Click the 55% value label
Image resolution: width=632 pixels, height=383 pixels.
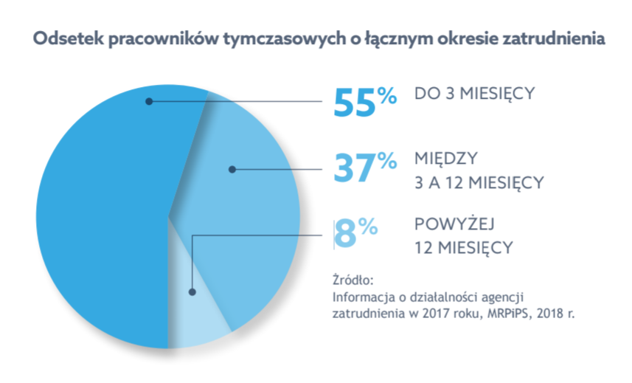pyautogui.click(x=365, y=102)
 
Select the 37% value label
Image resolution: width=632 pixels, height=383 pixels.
pyautogui.click(x=365, y=168)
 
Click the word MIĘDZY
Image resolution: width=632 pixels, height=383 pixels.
pyautogui.click(x=445, y=159)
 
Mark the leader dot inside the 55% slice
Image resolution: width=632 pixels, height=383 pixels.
pyautogui.click(x=149, y=101)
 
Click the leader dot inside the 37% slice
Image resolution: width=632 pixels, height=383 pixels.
pyautogui.click(x=232, y=169)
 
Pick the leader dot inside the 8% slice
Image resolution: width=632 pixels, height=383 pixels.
pyautogui.click(x=192, y=292)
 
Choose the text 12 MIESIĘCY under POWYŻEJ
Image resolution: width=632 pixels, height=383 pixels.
pyautogui.click(x=462, y=247)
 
